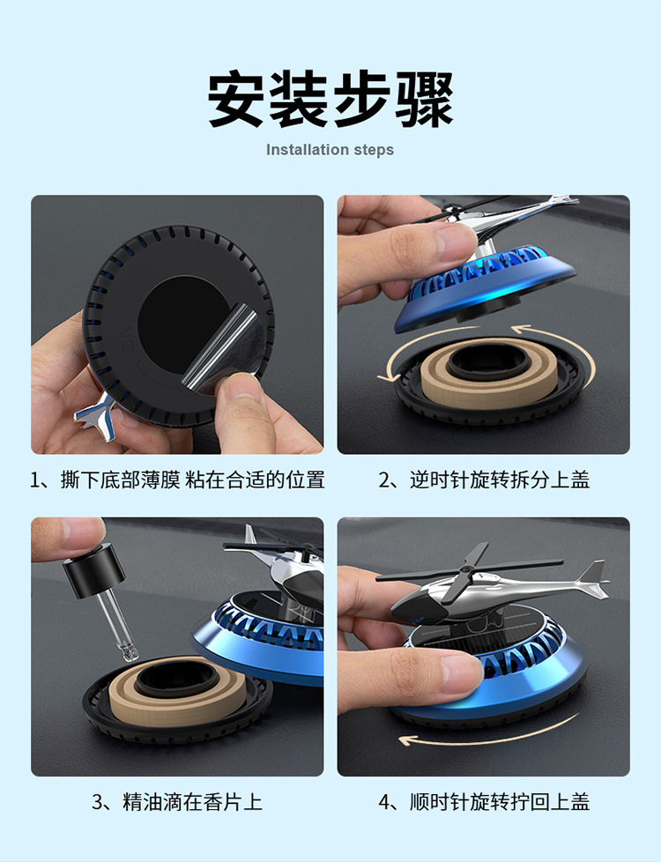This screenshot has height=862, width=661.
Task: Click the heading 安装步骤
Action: pyautogui.click(x=330, y=99)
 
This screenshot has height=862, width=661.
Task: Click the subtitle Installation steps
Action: pyautogui.click(x=330, y=150)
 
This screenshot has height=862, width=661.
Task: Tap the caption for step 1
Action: pyautogui.click(x=177, y=480)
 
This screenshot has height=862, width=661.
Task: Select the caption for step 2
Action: pyautogui.click(x=484, y=480)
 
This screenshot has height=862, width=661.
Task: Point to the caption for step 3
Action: pyautogui.click(x=177, y=802)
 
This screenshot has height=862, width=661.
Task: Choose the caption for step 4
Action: pyautogui.click(x=484, y=802)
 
